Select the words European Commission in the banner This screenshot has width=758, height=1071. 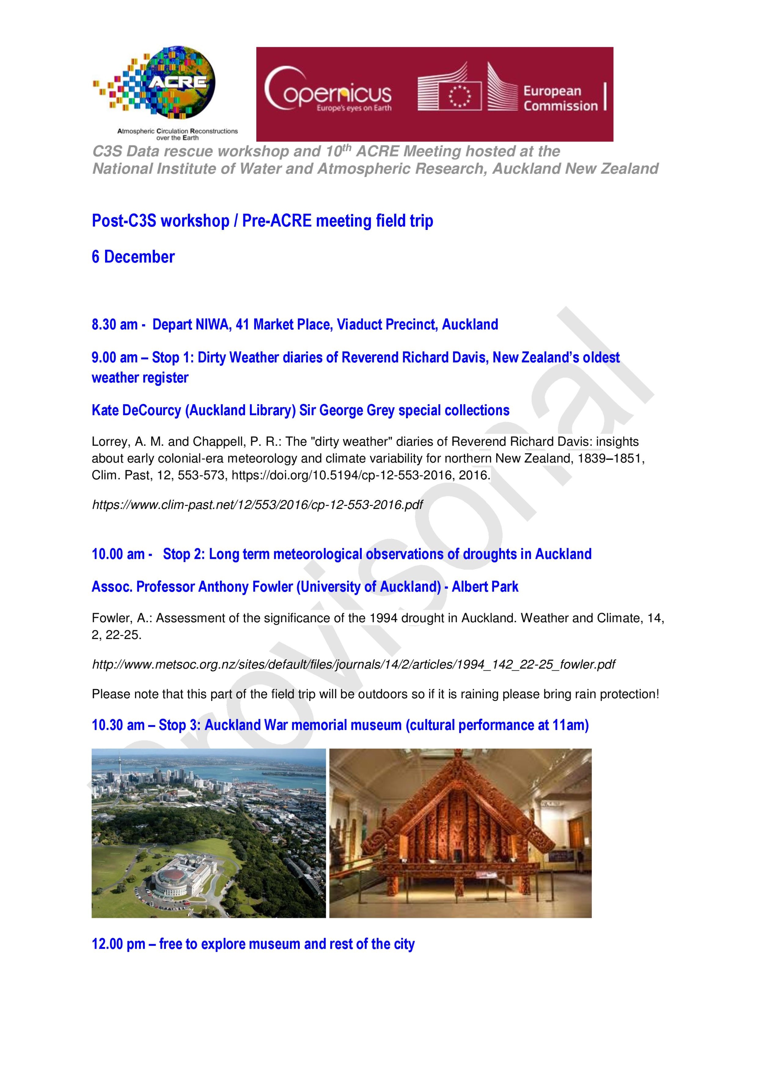coord(560,98)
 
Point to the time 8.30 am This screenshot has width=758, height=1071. coord(114,325)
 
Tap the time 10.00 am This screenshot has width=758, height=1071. coord(118,554)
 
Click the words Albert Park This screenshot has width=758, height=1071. coord(485,587)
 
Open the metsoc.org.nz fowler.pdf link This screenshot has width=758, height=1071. coord(353,664)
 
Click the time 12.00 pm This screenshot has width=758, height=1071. coord(118,944)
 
